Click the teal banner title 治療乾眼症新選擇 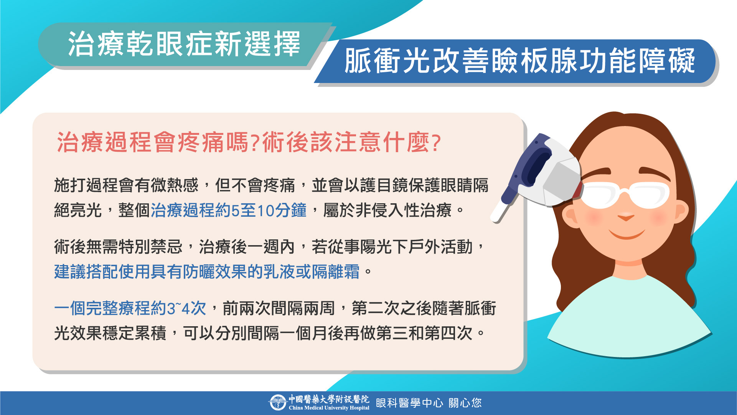[184, 44]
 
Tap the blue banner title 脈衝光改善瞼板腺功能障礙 [519, 61]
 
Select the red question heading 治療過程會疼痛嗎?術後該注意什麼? [249, 142]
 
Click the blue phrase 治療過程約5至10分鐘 [229, 211]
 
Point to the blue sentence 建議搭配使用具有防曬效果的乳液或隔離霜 [207, 272]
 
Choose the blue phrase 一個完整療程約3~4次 [130, 308]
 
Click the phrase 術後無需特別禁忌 [118, 247]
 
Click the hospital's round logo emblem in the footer [277, 403]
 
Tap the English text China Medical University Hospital [329, 408]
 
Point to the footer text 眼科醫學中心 [409, 403]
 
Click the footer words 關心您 [465, 403]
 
